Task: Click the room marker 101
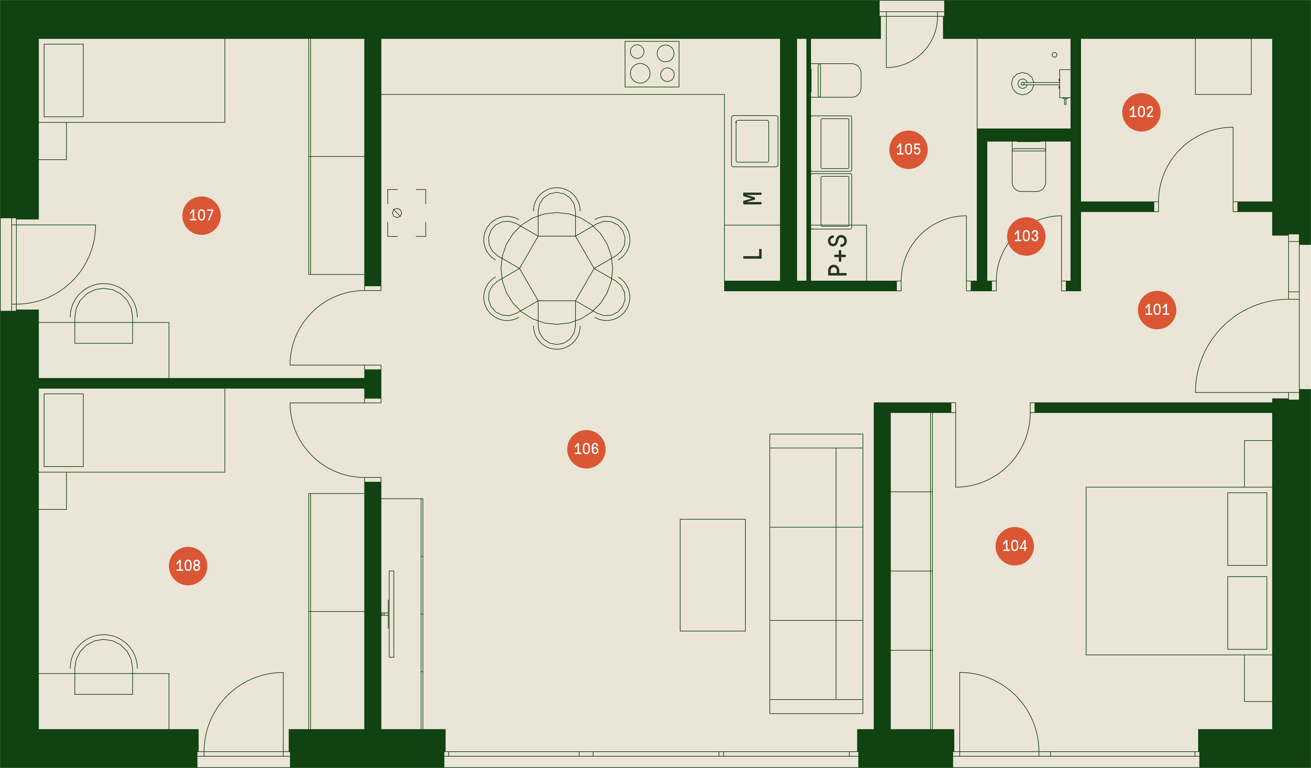click(x=1156, y=310)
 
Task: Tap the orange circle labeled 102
click(x=1141, y=112)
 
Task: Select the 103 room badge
click(x=1026, y=236)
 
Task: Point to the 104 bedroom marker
click(x=1014, y=546)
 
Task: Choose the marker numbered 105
click(x=908, y=150)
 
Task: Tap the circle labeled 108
click(x=188, y=566)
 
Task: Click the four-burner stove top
click(x=652, y=64)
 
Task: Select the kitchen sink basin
click(x=754, y=141)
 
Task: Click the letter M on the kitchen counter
click(x=752, y=198)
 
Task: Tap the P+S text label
click(x=838, y=255)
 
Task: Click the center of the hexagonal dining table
click(x=557, y=268)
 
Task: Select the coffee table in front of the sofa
click(x=713, y=575)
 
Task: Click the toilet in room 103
click(x=1029, y=166)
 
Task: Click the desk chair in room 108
click(x=104, y=664)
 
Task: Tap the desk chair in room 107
click(x=104, y=313)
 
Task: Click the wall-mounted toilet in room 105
click(x=836, y=81)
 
